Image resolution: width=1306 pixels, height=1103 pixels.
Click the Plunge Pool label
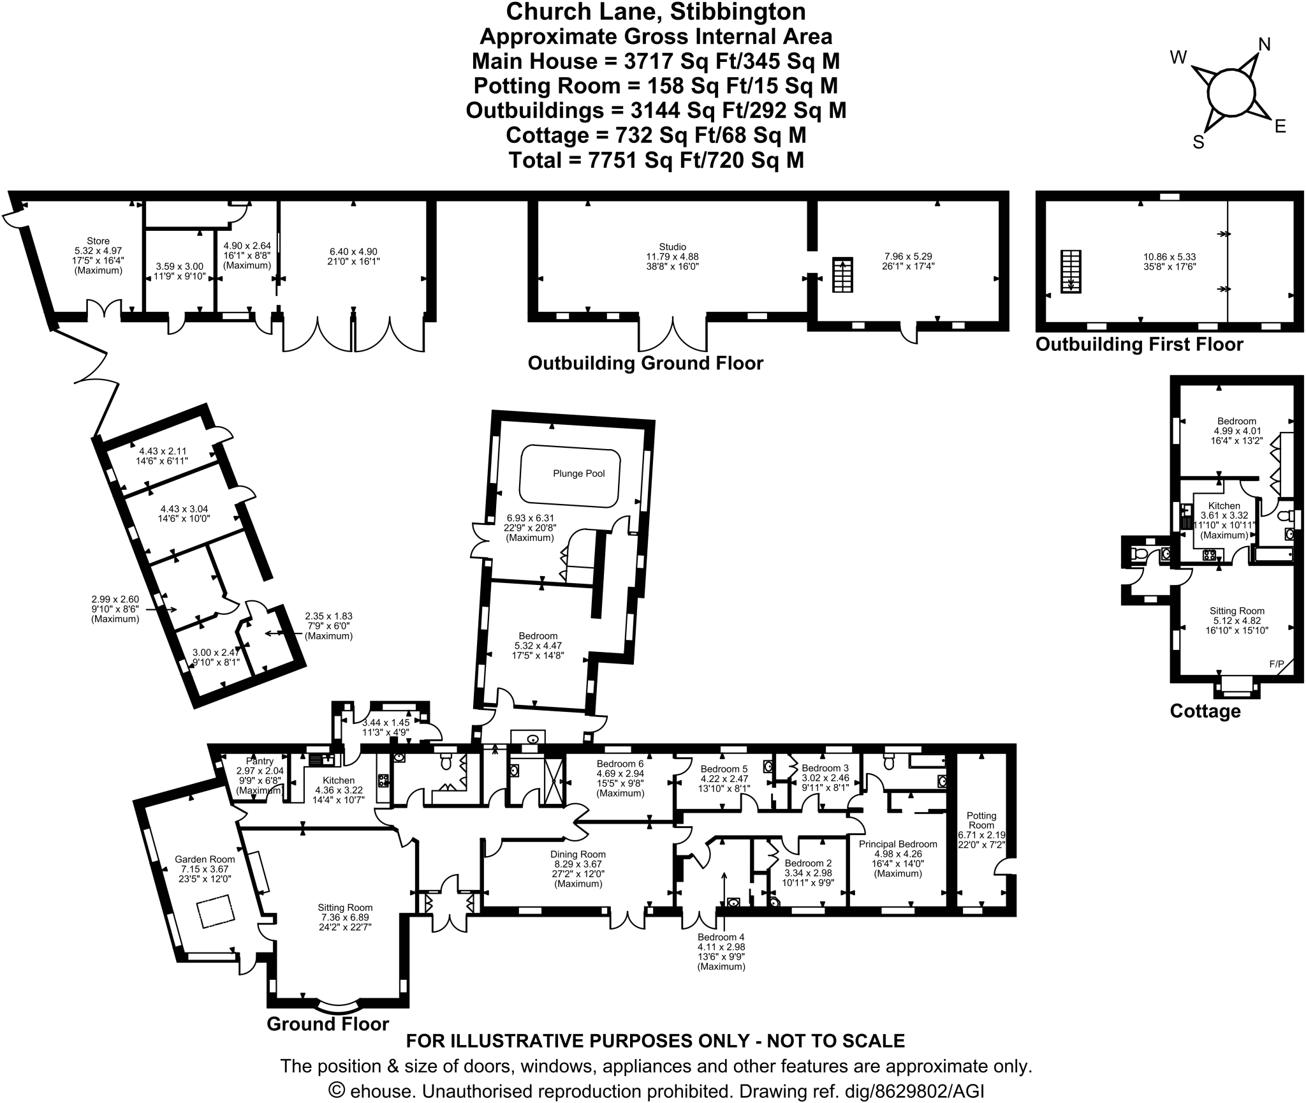click(578, 473)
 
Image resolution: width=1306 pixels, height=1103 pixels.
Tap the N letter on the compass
click(1264, 44)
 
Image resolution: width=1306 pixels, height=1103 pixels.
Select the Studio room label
click(673, 247)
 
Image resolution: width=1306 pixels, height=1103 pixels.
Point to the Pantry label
click(260, 761)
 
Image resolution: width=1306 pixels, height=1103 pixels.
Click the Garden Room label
click(205, 859)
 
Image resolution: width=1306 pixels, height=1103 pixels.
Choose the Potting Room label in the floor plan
click(981, 820)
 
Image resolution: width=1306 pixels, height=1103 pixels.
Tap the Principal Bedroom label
click(898, 844)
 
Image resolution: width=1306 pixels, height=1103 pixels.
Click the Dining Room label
click(578, 854)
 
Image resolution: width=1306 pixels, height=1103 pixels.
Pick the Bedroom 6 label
click(620, 764)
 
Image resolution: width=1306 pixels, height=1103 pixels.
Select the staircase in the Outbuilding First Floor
click(1071, 271)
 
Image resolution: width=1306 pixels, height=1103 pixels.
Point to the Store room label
click(98, 241)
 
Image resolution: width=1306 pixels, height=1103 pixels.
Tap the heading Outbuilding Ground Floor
click(645, 364)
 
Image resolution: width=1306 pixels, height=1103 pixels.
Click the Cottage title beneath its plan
click(1205, 711)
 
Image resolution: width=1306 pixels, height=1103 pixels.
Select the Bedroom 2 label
click(808, 863)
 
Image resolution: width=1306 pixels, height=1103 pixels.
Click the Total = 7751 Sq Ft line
click(656, 159)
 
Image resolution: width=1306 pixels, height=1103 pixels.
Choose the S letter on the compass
click(1198, 142)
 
